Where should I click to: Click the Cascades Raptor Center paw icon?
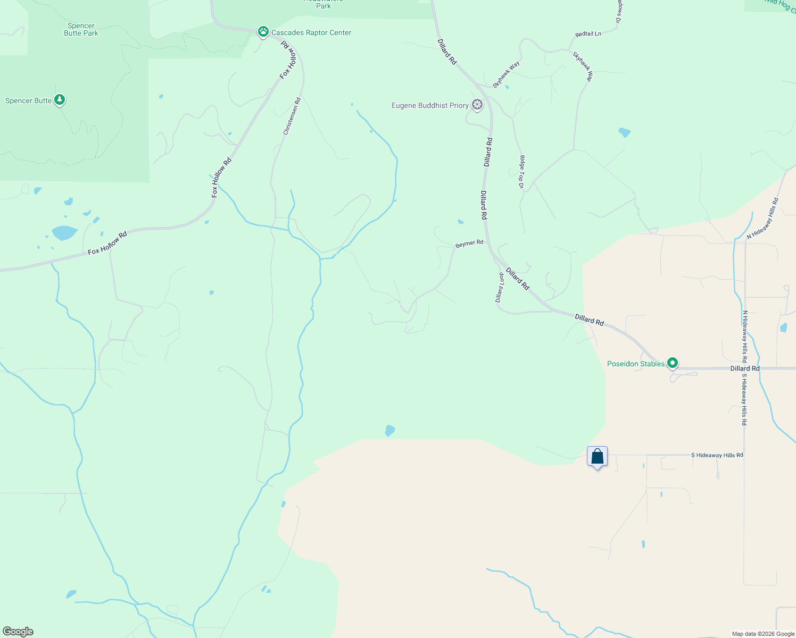coord(263,32)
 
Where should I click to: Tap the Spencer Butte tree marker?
coord(60,99)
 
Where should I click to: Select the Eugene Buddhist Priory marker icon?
coord(477,105)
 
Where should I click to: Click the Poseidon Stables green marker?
coord(673,363)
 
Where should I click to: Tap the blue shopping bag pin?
coord(597,457)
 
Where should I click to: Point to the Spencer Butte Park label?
coord(81,29)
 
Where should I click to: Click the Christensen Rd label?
coord(292,116)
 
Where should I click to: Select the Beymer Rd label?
coord(469,244)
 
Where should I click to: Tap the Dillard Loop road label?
coord(500,288)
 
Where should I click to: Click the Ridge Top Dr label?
coord(522,172)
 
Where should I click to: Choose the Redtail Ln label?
coord(588,34)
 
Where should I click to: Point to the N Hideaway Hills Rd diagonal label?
coord(762,219)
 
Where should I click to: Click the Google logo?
coord(18,632)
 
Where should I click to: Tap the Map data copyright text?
coord(763,634)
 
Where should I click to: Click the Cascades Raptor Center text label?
coord(311,32)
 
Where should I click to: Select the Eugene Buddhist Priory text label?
coord(430,105)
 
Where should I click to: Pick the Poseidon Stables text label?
coord(636,364)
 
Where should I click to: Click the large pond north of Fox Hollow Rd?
coord(64,232)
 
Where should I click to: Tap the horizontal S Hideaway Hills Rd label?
coord(717,455)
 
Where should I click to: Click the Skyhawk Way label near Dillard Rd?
coord(505,74)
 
